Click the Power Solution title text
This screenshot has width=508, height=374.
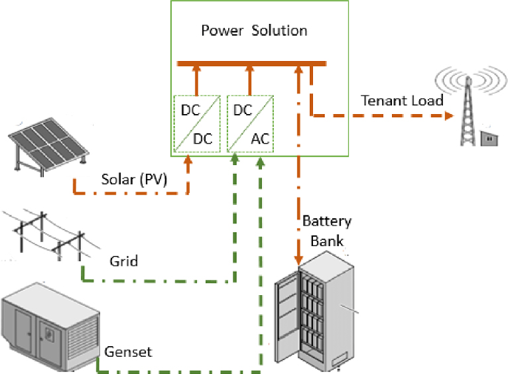[254, 31]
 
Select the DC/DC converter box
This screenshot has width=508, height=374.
[196, 123]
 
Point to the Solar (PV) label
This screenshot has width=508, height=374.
[134, 179]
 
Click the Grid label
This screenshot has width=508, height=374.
[123, 261]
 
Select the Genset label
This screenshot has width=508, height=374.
[128, 351]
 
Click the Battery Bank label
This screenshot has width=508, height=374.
[326, 230]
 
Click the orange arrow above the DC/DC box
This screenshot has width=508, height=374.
[196, 80]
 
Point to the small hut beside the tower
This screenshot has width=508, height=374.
[489, 137]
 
